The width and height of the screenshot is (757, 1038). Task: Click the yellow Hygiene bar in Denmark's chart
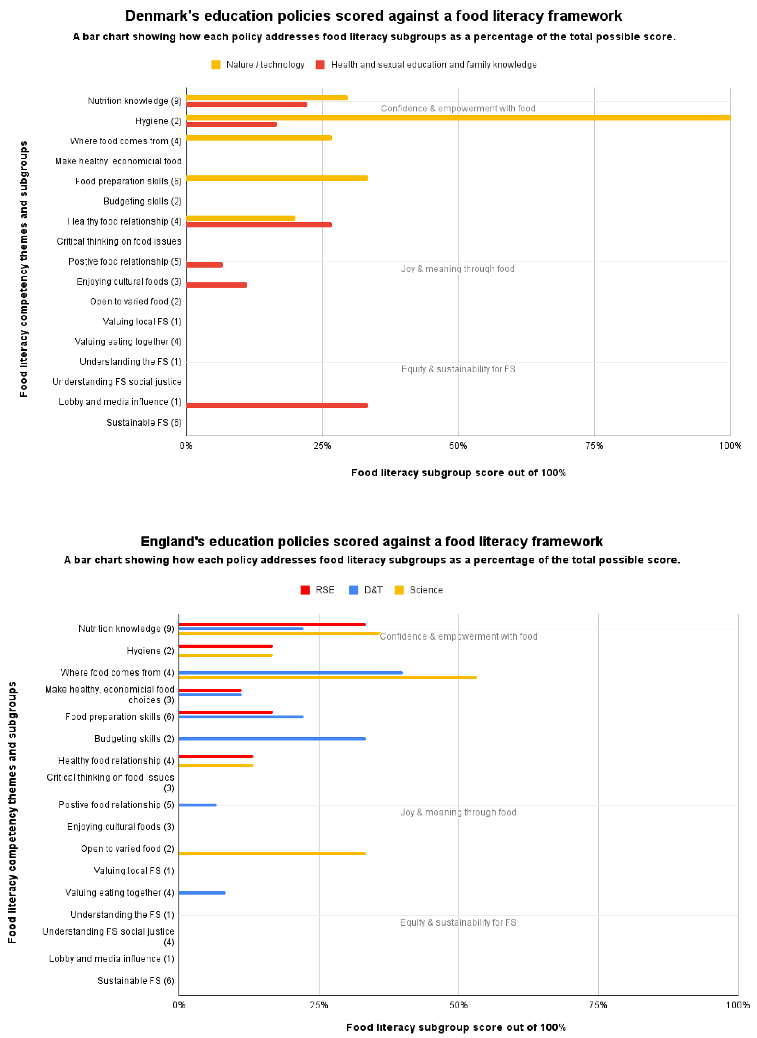pyautogui.click(x=458, y=118)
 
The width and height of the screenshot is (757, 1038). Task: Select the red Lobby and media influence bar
pyautogui.click(x=277, y=405)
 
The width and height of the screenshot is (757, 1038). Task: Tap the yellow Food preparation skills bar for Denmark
pyautogui.click(x=277, y=178)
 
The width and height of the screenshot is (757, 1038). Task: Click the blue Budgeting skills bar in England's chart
pyautogui.click(x=272, y=738)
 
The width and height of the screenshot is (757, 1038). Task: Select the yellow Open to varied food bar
pyautogui.click(x=272, y=853)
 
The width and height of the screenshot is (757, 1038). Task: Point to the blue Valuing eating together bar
pyautogui.click(x=202, y=893)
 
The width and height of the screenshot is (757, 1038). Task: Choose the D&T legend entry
pyautogui.click(x=366, y=590)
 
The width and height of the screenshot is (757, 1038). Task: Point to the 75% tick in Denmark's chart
pyautogui.click(x=594, y=445)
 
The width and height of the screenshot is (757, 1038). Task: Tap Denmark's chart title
pyautogui.click(x=374, y=16)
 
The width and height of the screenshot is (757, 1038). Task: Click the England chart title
pyautogui.click(x=372, y=541)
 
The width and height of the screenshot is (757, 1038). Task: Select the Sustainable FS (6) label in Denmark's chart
pyautogui.click(x=144, y=422)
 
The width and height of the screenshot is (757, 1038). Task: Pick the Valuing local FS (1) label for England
pyautogui.click(x=134, y=870)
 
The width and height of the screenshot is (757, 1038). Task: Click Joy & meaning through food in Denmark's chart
pyautogui.click(x=458, y=269)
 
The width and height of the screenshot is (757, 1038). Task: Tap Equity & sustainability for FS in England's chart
pyautogui.click(x=458, y=922)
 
